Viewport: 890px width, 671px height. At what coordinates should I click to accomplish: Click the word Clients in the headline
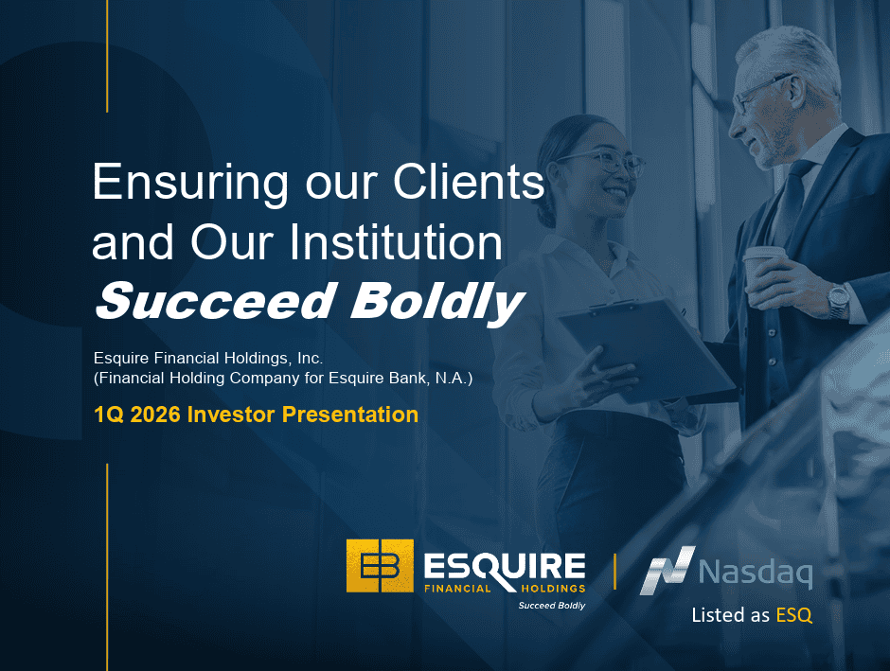469,182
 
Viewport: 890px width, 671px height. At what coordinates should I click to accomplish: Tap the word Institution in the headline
397,242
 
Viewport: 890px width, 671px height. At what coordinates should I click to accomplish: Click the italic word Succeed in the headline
215,301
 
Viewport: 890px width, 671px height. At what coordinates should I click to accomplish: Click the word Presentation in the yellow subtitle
350,415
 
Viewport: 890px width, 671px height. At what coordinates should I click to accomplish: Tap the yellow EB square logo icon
380,566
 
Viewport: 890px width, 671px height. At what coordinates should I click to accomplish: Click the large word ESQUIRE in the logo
505,566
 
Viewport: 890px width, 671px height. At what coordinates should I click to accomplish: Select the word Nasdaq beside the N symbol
756,573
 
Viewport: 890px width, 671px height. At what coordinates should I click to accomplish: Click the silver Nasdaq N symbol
667,571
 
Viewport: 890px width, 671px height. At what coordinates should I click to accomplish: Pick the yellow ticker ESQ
794,615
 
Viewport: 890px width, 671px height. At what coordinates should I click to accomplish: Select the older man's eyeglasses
760,93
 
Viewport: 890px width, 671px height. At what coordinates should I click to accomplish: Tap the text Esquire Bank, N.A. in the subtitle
400,379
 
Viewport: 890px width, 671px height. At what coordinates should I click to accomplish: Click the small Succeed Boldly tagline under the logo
552,606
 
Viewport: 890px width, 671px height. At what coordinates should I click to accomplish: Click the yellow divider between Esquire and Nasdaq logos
614,572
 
